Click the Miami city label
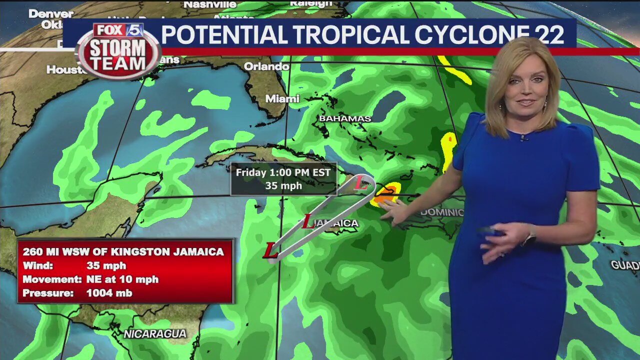point(282,99)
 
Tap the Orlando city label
point(266,66)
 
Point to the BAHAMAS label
point(345,118)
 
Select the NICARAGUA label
point(155,333)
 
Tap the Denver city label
point(50,13)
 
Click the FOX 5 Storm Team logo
point(118,50)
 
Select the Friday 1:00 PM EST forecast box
point(283,179)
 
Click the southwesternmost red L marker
point(270,251)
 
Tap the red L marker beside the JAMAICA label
point(308,222)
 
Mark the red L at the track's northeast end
point(361,184)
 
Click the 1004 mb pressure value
point(109,293)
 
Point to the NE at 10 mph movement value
point(122,279)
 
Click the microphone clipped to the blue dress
point(523,137)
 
